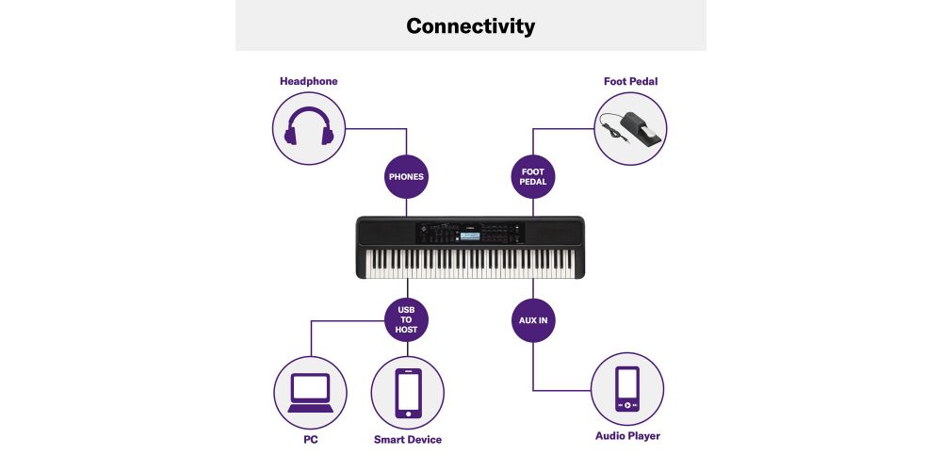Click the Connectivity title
[470, 25]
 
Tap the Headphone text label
[309, 81]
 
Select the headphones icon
[309, 126]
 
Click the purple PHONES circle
[406, 177]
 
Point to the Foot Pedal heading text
[631, 81]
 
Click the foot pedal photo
[630, 128]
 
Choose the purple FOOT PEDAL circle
[533, 177]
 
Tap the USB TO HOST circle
[407, 319]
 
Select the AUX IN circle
[533, 320]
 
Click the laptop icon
[310, 393]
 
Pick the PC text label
[311, 440]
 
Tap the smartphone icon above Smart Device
[408, 393]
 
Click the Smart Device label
[408, 440]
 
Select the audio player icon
[627, 389]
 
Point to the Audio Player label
[627, 436]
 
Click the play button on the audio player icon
[627, 405]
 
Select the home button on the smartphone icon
[409, 414]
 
